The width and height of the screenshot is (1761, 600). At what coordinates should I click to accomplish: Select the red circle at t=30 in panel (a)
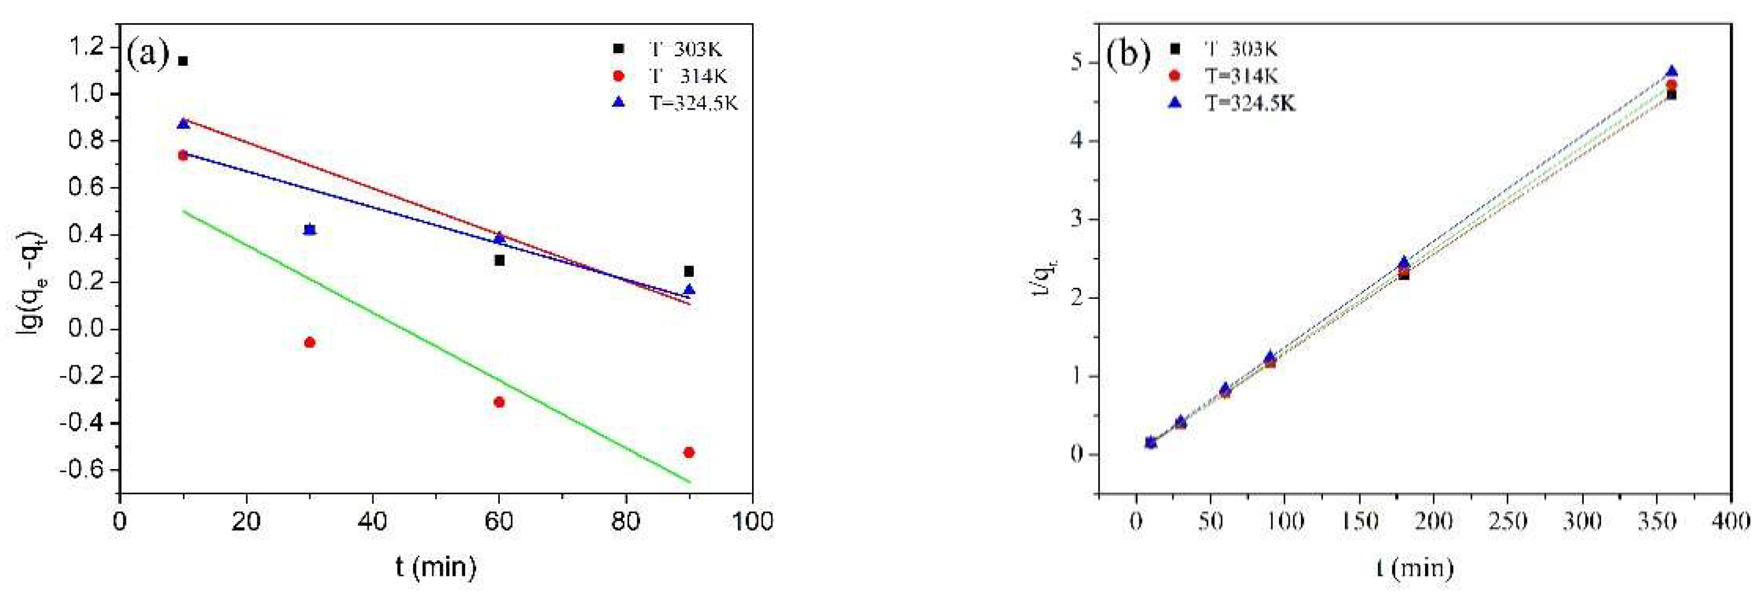(310, 342)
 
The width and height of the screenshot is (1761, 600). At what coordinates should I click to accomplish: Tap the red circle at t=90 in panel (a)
(689, 452)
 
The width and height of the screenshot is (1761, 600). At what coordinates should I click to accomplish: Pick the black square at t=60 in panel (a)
(500, 260)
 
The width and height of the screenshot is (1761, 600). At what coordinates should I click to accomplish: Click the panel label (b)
(1128, 55)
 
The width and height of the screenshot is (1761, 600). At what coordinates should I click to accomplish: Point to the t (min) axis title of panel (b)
(1415, 568)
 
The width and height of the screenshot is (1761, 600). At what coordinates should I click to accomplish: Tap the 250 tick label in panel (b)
(1508, 522)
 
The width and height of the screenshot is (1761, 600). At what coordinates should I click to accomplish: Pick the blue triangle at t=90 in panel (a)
(689, 290)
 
